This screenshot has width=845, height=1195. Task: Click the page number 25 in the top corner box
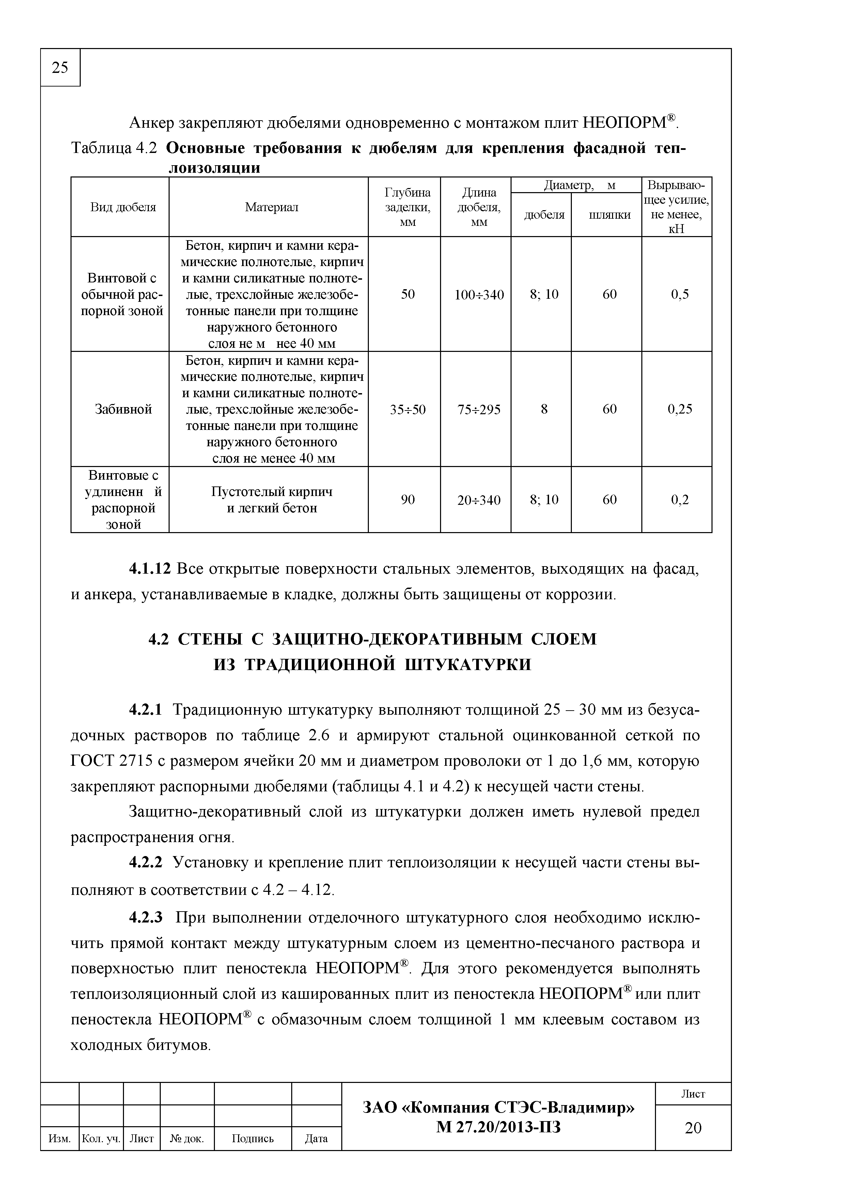click(x=60, y=68)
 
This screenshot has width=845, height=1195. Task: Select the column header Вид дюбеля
click(x=123, y=207)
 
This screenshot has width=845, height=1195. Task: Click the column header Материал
click(x=271, y=207)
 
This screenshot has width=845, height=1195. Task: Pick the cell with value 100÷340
click(x=479, y=295)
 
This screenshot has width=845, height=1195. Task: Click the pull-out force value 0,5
click(x=679, y=295)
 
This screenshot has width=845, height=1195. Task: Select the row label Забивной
click(x=123, y=409)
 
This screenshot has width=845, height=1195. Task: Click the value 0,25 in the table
click(x=679, y=409)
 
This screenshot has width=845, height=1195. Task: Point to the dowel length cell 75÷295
click(x=479, y=409)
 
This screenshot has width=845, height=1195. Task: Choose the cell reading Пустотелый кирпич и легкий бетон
click(x=271, y=500)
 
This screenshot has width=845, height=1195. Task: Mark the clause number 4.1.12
click(x=150, y=569)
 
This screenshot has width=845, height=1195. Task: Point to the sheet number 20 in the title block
click(x=693, y=1128)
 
